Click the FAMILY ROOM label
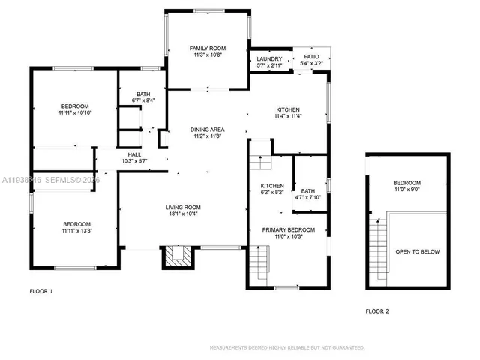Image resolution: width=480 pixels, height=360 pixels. (207, 48)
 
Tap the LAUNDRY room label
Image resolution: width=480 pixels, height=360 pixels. (269, 59)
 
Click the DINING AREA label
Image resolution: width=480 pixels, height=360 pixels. (207, 130)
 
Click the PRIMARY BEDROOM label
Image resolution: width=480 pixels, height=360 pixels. (288, 229)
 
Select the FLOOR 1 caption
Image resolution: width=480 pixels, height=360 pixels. (41, 290)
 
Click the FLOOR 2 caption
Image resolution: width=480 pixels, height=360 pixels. (377, 310)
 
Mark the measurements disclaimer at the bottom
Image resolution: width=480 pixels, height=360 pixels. (287, 348)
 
